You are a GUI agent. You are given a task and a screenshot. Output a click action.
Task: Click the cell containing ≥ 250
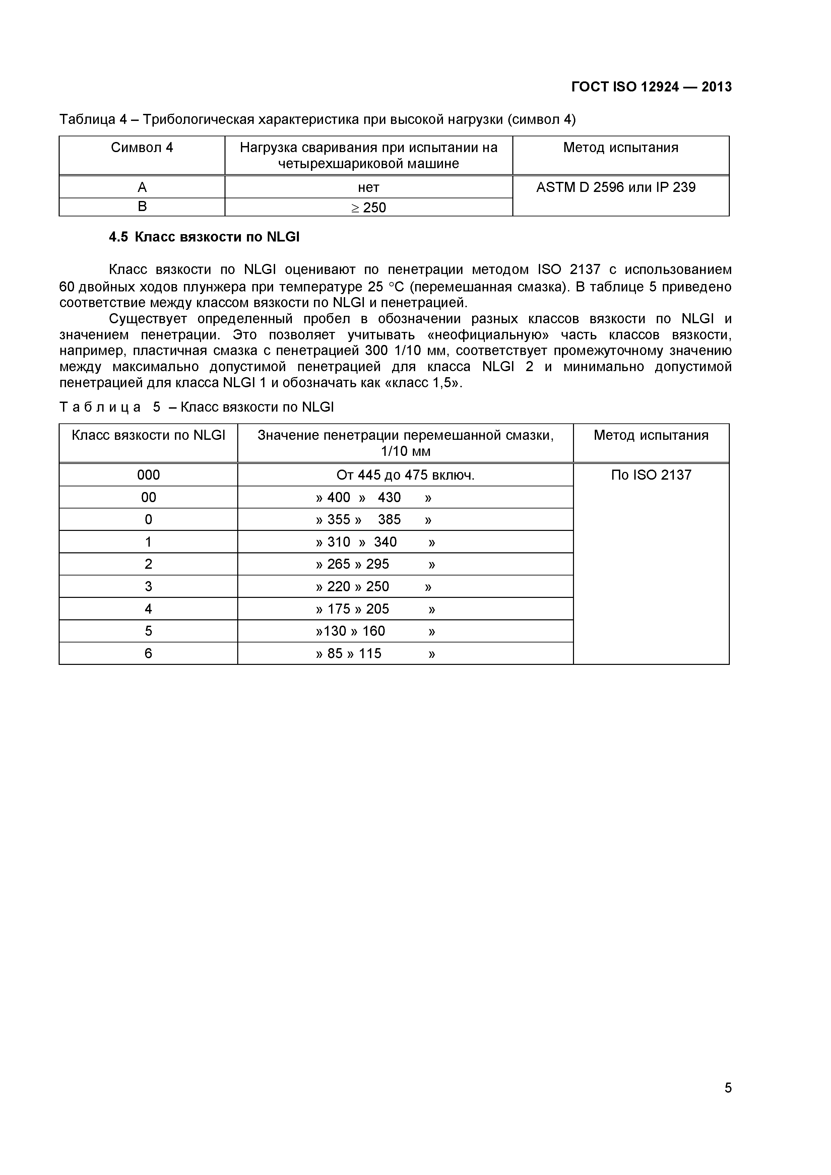369,208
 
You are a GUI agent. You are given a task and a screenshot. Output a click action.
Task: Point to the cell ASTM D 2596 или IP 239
616,187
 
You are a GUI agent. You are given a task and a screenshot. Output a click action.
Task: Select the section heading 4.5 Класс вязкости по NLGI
204,237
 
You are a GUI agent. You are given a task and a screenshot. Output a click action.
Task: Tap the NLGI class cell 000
148,475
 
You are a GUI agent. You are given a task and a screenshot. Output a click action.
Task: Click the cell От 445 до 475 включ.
405,475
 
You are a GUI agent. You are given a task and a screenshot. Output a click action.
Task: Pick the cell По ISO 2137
651,475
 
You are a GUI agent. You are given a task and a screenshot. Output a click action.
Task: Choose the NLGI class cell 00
148,497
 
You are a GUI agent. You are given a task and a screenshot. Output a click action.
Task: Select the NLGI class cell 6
148,653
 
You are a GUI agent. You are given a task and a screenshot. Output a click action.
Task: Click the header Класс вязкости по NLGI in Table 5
148,435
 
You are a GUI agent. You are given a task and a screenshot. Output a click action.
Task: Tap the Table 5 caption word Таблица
100,407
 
